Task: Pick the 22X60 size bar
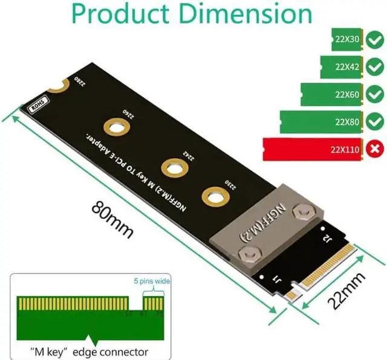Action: [332, 95]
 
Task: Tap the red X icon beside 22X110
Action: [375, 149]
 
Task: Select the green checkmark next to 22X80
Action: [375, 122]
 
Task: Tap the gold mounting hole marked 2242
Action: [172, 168]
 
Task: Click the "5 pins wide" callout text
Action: [152, 281]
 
